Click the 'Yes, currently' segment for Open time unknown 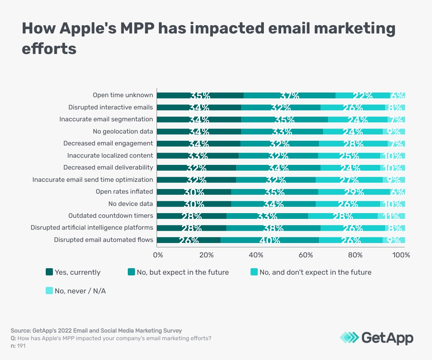(200, 95)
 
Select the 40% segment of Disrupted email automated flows (270, 240)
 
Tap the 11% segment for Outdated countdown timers (391, 216)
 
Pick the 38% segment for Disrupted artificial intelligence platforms (273, 228)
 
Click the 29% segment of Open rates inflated (354, 192)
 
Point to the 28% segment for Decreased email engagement (353, 144)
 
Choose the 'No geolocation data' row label (123, 131)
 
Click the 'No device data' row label (130, 204)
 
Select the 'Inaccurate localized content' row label (110, 156)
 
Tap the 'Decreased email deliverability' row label (108, 167)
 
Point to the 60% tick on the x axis (306, 255)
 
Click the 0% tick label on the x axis (158, 255)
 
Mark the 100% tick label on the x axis (401, 255)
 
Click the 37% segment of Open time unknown (289, 95)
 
